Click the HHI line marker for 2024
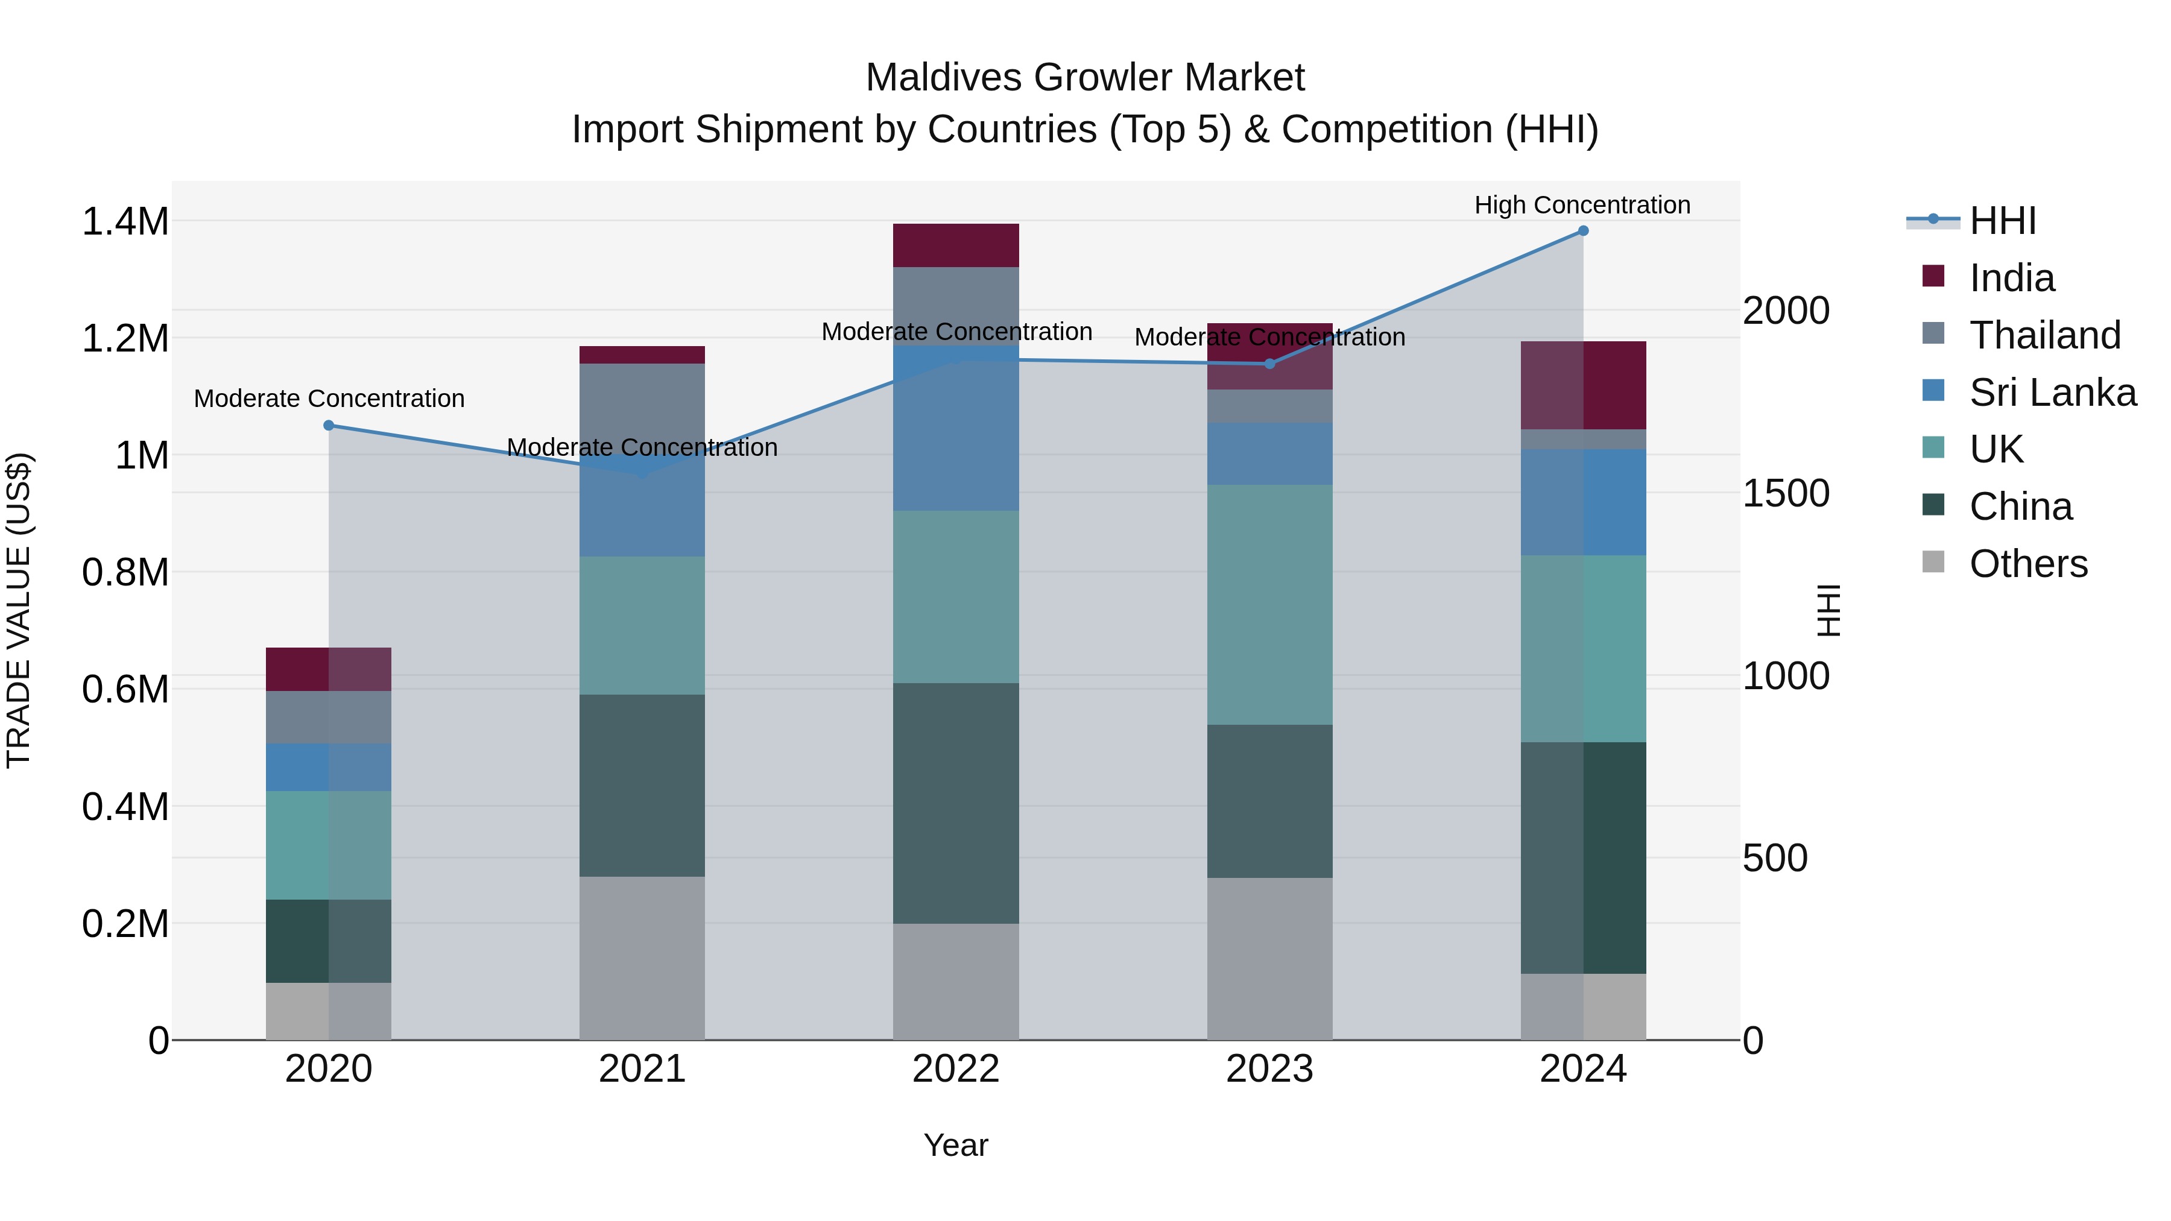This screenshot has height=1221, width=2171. (1583, 231)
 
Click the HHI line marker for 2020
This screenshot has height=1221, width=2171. (329, 426)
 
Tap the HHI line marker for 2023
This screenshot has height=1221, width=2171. (1270, 364)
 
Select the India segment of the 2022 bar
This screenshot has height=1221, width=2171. (956, 245)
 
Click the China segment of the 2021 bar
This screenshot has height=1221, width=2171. (642, 785)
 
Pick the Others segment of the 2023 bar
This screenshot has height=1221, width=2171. (1270, 959)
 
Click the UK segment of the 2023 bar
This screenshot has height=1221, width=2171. (1270, 604)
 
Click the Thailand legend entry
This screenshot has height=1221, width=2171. (2044, 335)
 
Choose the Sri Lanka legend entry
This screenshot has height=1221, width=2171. (2052, 393)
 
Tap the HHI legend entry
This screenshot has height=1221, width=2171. (2002, 221)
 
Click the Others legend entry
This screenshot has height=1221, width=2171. (2027, 564)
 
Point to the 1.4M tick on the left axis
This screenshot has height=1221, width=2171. (125, 222)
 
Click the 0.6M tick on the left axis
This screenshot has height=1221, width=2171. (125, 689)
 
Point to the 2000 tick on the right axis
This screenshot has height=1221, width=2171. (1786, 311)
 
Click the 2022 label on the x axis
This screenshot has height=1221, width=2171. (956, 1069)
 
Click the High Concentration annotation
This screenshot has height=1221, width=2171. (1582, 205)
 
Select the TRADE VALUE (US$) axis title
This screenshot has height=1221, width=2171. (19, 610)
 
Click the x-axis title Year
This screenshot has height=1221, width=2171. (956, 1145)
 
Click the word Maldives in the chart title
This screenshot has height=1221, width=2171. (943, 78)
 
